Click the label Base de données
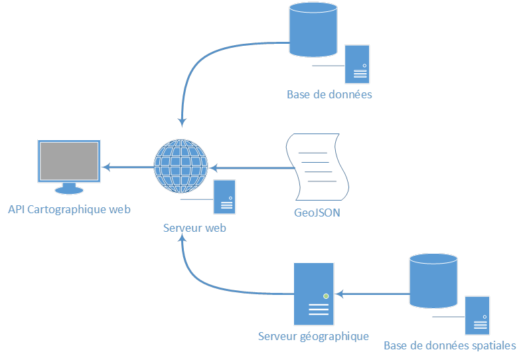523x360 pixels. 329,95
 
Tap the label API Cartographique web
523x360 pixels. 70,210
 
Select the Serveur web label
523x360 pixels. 195,228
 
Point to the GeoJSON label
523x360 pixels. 317,213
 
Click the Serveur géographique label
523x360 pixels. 313,337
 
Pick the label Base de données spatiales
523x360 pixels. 449,346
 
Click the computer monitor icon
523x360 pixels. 69,165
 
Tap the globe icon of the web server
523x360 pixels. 181,166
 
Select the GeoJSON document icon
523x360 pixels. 317,167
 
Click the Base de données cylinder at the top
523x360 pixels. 313,31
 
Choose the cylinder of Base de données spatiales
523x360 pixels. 433,281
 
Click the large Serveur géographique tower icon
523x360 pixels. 313,293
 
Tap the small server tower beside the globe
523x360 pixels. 224,197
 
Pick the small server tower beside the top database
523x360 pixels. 357,64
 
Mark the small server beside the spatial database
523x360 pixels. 477,315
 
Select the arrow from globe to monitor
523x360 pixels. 127,167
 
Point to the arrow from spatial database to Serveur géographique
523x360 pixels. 372,294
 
